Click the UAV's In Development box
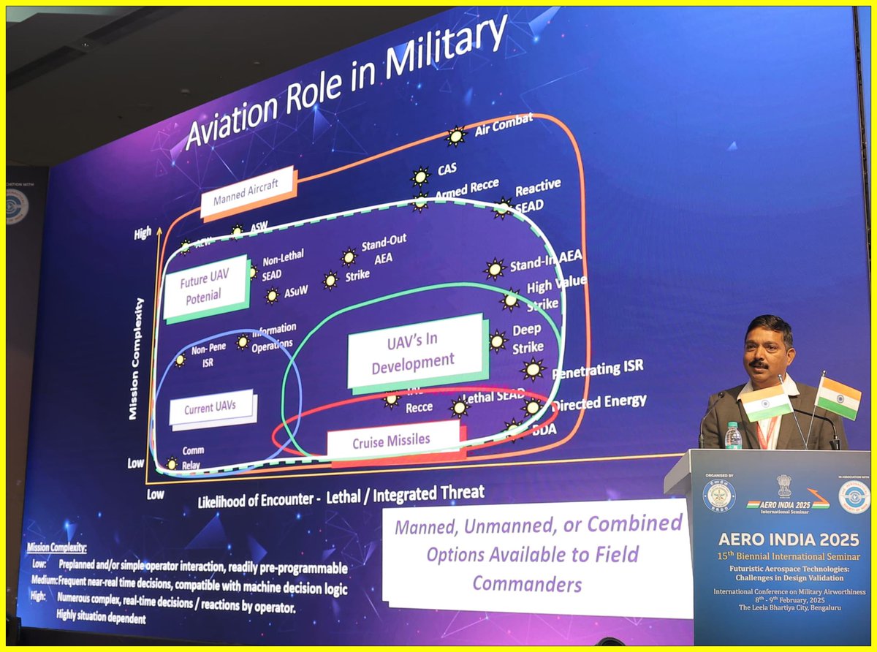[414, 352]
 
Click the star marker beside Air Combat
[456, 135]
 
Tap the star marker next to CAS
[420, 176]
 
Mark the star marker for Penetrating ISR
[533, 370]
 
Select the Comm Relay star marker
[172, 463]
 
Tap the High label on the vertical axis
[143, 233]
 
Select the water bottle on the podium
[733, 436]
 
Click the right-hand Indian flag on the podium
[838, 398]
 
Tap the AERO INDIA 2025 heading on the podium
[781, 539]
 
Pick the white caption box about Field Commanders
[537, 554]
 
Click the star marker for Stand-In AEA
[495, 269]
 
